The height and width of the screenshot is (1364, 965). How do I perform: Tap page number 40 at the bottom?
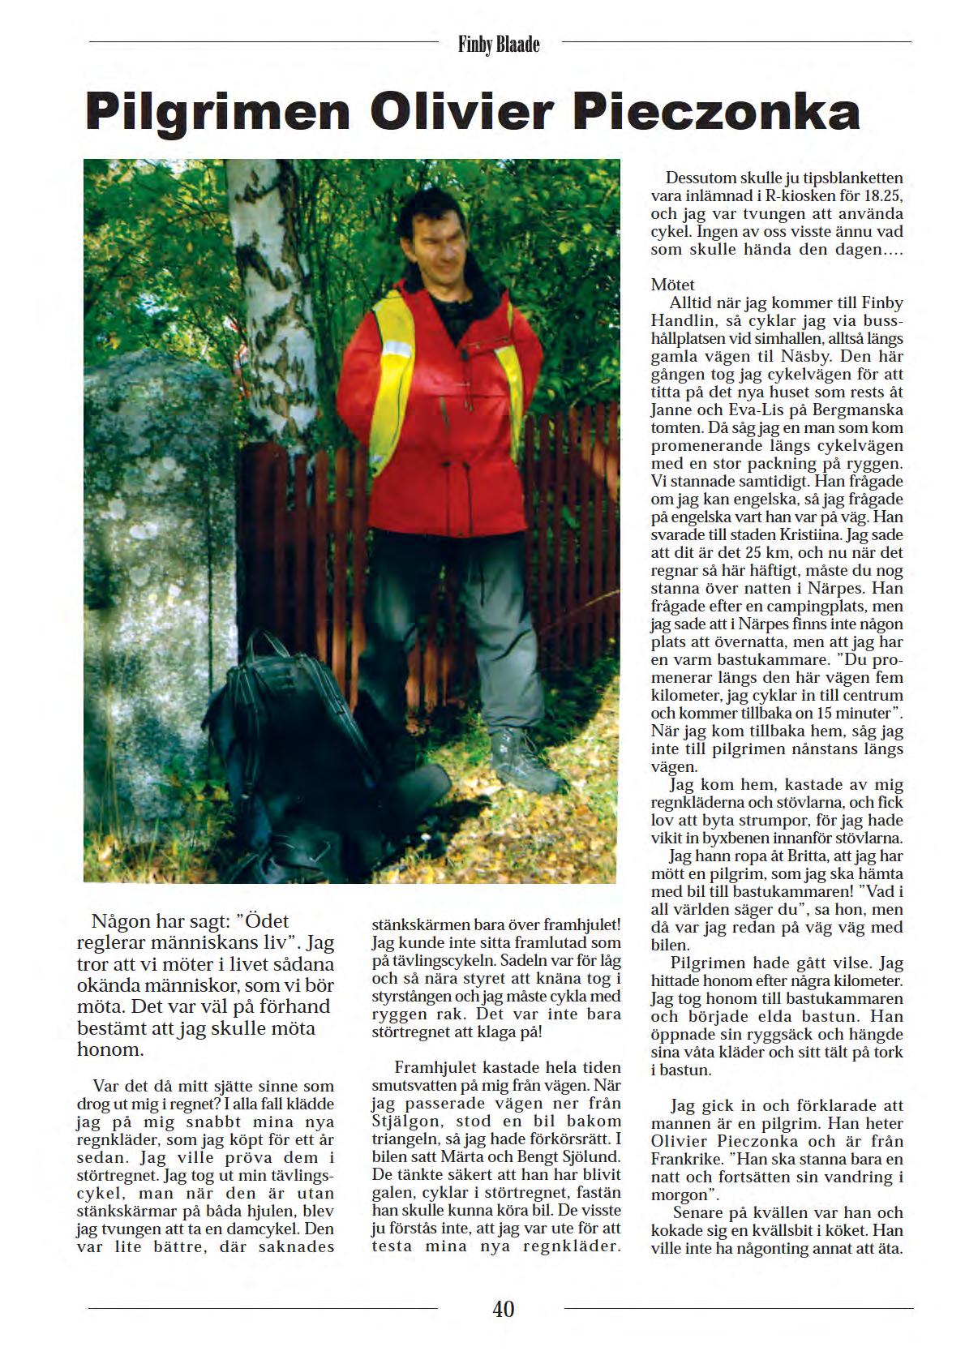point(503,1308)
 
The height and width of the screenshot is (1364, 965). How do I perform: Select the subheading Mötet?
point(672,285)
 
